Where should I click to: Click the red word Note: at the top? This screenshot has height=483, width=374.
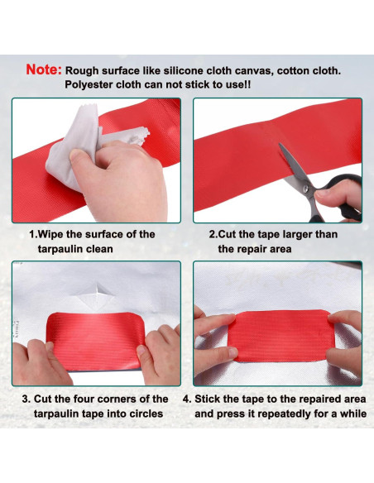tap(42, 70)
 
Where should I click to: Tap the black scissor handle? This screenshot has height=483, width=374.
tap(339, 198)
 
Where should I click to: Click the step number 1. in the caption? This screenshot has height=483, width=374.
tap(32, 235)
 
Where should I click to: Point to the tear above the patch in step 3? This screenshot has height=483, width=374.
tap(98, 291)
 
